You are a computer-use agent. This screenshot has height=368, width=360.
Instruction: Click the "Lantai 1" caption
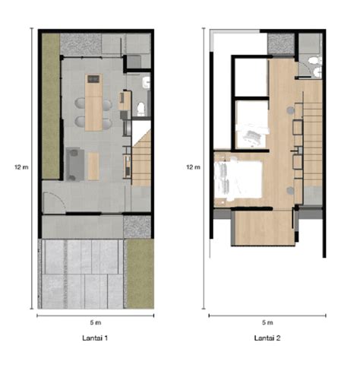pos(95,338)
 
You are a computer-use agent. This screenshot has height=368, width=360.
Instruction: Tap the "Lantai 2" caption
pos(267,338)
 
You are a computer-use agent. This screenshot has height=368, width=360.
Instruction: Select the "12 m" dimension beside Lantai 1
pos(21,167)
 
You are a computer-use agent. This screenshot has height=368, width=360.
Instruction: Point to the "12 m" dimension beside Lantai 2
pos(193,167)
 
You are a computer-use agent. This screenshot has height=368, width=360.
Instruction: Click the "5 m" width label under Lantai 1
pos(96,322)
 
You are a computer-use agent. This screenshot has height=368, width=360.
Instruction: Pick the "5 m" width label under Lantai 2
pos(267,322)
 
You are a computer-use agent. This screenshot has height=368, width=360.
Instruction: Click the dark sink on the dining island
pos(93,79)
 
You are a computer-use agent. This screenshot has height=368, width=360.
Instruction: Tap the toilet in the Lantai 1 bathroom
pos(141,109)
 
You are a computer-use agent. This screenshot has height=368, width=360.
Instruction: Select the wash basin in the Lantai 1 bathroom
pos(146,83)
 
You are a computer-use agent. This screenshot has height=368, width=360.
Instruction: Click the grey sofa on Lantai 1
pos(75,165)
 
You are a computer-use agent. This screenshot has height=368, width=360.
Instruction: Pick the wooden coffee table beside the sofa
pos(93,166)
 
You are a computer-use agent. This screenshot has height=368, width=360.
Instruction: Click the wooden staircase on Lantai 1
pos(141,162)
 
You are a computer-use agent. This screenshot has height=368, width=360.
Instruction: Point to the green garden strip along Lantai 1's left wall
pos(51,106)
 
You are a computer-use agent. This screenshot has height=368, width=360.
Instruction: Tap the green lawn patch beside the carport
pos(140,274)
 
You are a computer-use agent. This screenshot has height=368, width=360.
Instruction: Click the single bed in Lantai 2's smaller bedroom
pos(252,135)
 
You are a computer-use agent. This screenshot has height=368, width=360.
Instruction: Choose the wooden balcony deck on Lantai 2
pos(263,228)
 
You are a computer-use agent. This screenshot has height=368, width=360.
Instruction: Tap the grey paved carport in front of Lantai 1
pos(81,274)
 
